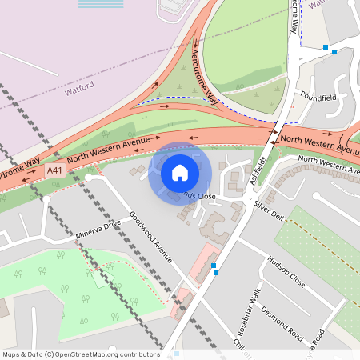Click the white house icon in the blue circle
[180, 172]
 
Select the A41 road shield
[55, 170]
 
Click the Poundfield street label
[319, 96]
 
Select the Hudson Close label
[286, 271]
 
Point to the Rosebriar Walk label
[255, 310]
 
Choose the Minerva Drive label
[98, 230]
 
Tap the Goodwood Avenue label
[151, 237]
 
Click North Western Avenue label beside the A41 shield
[109, 150]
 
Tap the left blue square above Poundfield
[325, 48]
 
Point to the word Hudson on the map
[278, 265]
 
